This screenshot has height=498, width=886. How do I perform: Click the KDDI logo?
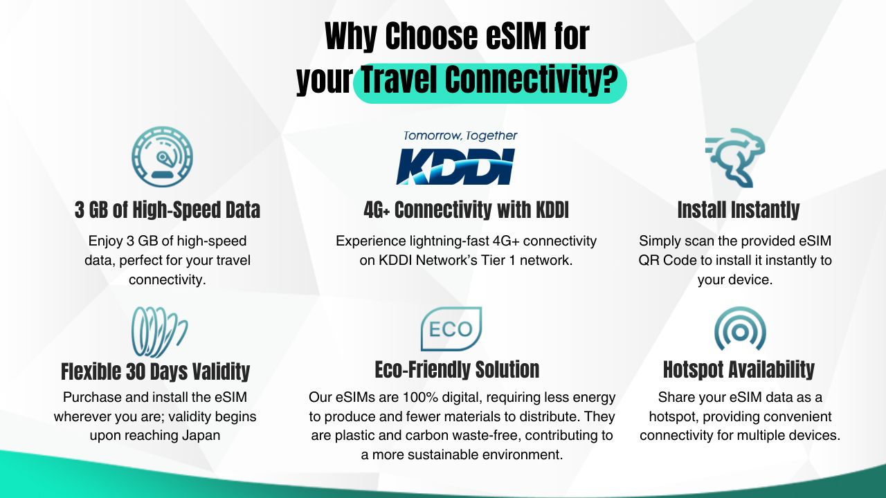(455, 167)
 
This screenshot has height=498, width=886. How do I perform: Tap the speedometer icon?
(162, 156)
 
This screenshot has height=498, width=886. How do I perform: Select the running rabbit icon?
(736, 157)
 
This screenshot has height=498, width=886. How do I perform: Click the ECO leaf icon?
(451, 329)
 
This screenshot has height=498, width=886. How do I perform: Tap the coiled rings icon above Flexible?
(159, 332)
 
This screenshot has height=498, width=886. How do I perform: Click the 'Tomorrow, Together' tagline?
(460, 136)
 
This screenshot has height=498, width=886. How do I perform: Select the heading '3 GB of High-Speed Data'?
(168, 210)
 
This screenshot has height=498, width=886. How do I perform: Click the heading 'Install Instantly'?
(739, 210)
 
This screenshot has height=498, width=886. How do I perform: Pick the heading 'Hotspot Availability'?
(739, 370)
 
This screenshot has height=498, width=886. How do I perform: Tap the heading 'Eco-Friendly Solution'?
(458, 370)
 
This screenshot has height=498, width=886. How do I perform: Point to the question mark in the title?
(611, 80)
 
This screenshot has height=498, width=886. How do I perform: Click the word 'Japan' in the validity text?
(201, 435)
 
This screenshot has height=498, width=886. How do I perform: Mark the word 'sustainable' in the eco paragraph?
(447, 454)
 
